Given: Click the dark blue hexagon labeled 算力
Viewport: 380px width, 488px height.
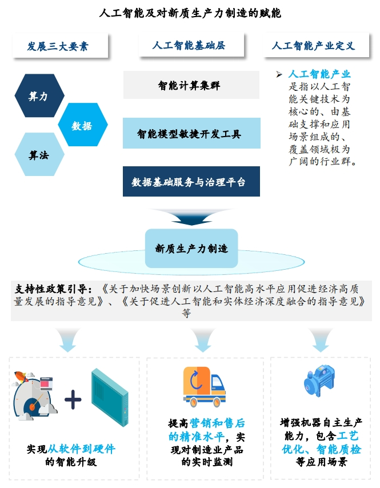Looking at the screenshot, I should (38, 97).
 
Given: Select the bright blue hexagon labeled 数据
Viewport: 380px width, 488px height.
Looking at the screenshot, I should (82, 126).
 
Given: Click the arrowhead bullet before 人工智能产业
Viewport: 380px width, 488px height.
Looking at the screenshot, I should (279, 74).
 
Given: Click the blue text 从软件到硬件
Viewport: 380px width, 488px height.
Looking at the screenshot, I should (81, 449).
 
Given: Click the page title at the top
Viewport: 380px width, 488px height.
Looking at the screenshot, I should (190, 13).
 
